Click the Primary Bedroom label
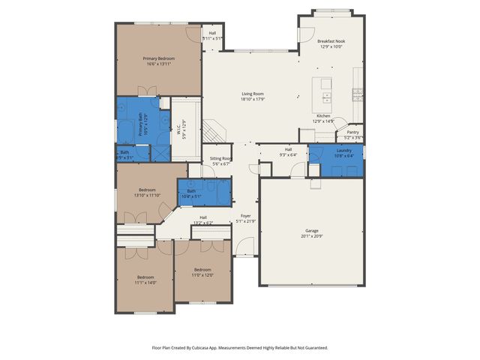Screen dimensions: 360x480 (158, 58)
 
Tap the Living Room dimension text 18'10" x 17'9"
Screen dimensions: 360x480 (253, 99)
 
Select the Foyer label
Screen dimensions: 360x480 (245, 216)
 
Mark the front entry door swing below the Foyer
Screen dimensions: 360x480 (245, 247)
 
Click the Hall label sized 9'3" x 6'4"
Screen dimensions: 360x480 (288, 150)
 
